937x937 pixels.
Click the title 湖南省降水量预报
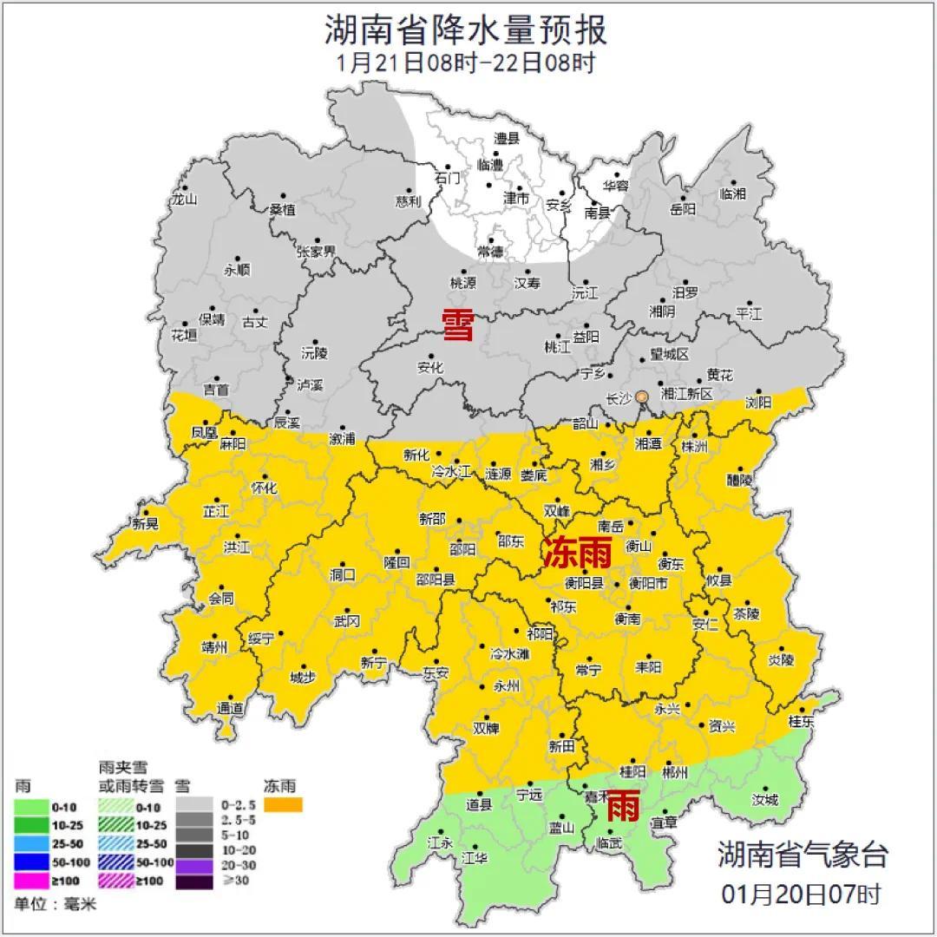[467, 29]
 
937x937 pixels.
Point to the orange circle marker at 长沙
[642, 397]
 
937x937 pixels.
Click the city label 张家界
[316, 252]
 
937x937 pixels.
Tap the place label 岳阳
[683, 209]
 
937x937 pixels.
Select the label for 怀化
[264, 488]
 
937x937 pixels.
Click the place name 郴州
[674, 771]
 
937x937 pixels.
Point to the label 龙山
[184, 199]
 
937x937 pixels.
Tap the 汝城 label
[765, 799]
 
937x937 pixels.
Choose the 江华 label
[475, 858]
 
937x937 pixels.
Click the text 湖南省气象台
[803, 855]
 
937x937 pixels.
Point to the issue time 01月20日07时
[802, 893]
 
